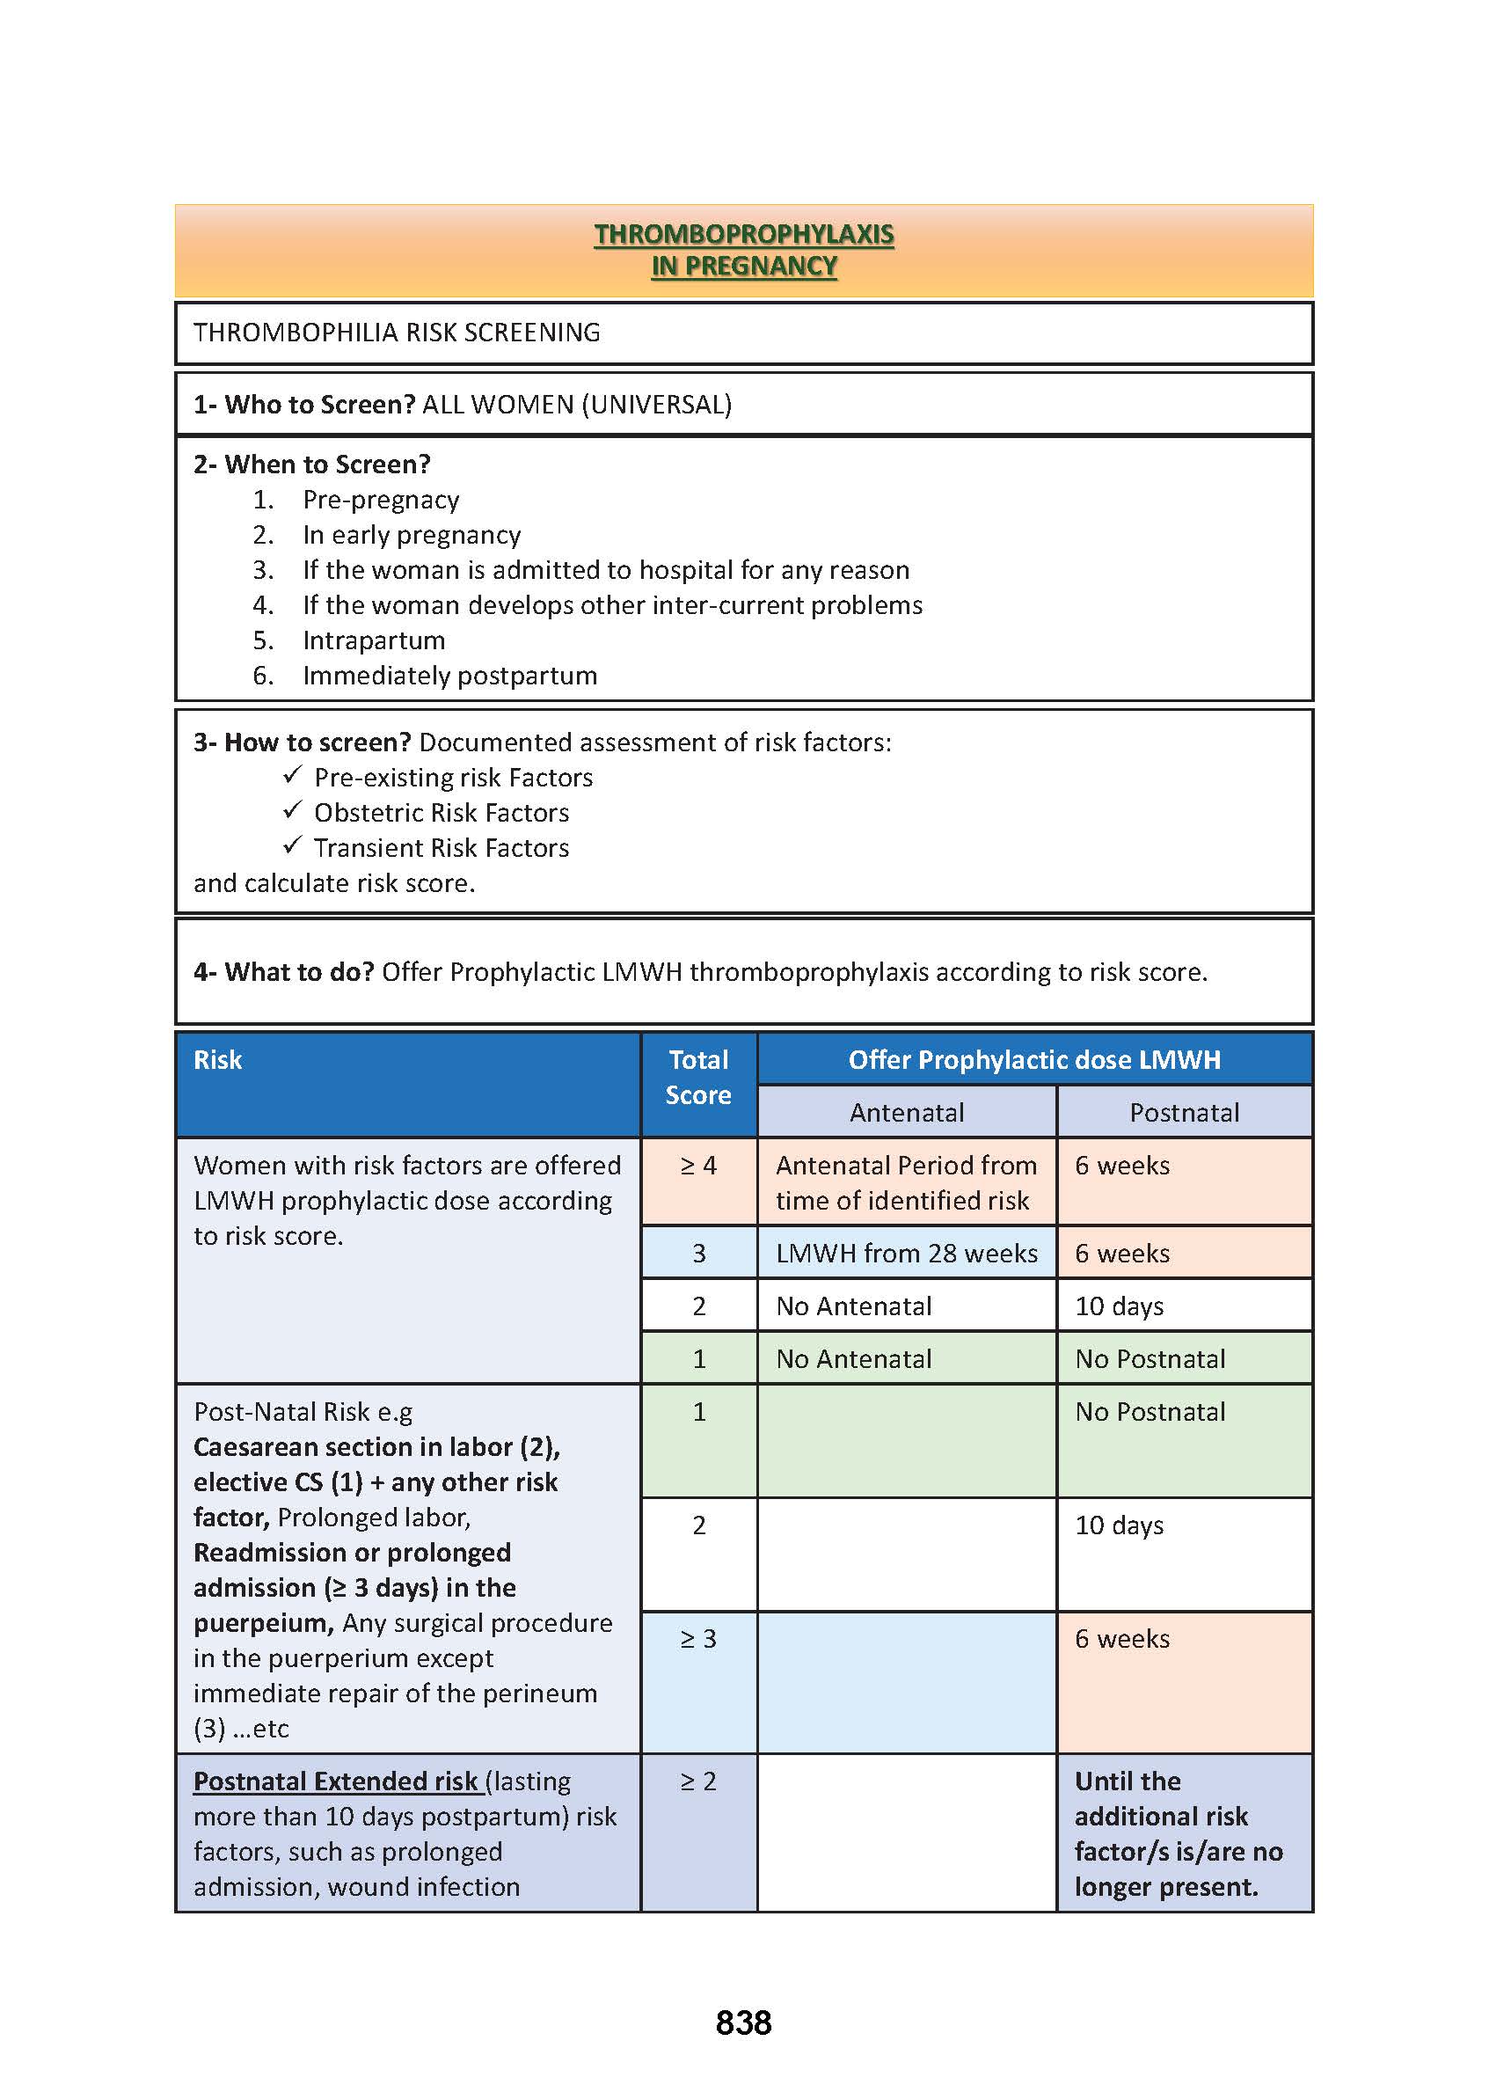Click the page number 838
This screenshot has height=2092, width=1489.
click(742, 2023)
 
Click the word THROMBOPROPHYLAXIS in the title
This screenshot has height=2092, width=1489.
click(743, 235)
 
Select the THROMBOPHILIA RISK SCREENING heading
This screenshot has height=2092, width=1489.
click(396, 333)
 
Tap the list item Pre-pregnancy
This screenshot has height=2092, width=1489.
click(381, 500)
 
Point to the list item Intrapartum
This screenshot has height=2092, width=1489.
click(374, 640)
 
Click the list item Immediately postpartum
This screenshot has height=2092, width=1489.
click(449, 676)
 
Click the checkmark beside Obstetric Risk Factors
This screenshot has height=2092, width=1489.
click(293, 811)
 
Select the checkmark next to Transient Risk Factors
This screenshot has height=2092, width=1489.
click(293, 845)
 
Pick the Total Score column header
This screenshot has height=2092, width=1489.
click(697, 1078)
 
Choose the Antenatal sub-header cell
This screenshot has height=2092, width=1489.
click(906, 1113)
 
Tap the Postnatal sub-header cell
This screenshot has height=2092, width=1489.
click(1184, 1113)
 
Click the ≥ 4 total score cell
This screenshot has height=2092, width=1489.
click(697, 1166)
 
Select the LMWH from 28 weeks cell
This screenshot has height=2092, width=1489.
click(906, 1254)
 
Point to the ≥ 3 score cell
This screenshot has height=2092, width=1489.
click(697, 1639)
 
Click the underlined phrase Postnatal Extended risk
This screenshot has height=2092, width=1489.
click(336, 1781)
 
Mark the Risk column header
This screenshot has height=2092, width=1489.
click(218, 1060)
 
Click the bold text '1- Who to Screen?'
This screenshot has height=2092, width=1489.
click(304, 405)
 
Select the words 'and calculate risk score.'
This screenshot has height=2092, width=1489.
click(333, 883)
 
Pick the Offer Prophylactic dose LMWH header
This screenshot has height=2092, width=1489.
click(1034, 1060)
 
